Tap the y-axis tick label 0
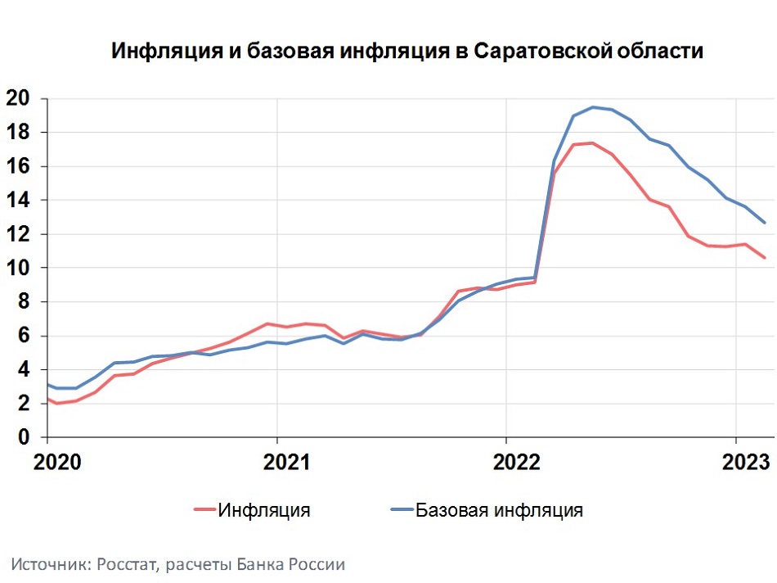[25, 438]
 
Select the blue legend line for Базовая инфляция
[396, 510]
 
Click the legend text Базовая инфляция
[499, 510]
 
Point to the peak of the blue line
[593, 107]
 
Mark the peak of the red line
[591, 142]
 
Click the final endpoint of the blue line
[764, 222]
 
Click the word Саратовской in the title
[541, 52]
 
